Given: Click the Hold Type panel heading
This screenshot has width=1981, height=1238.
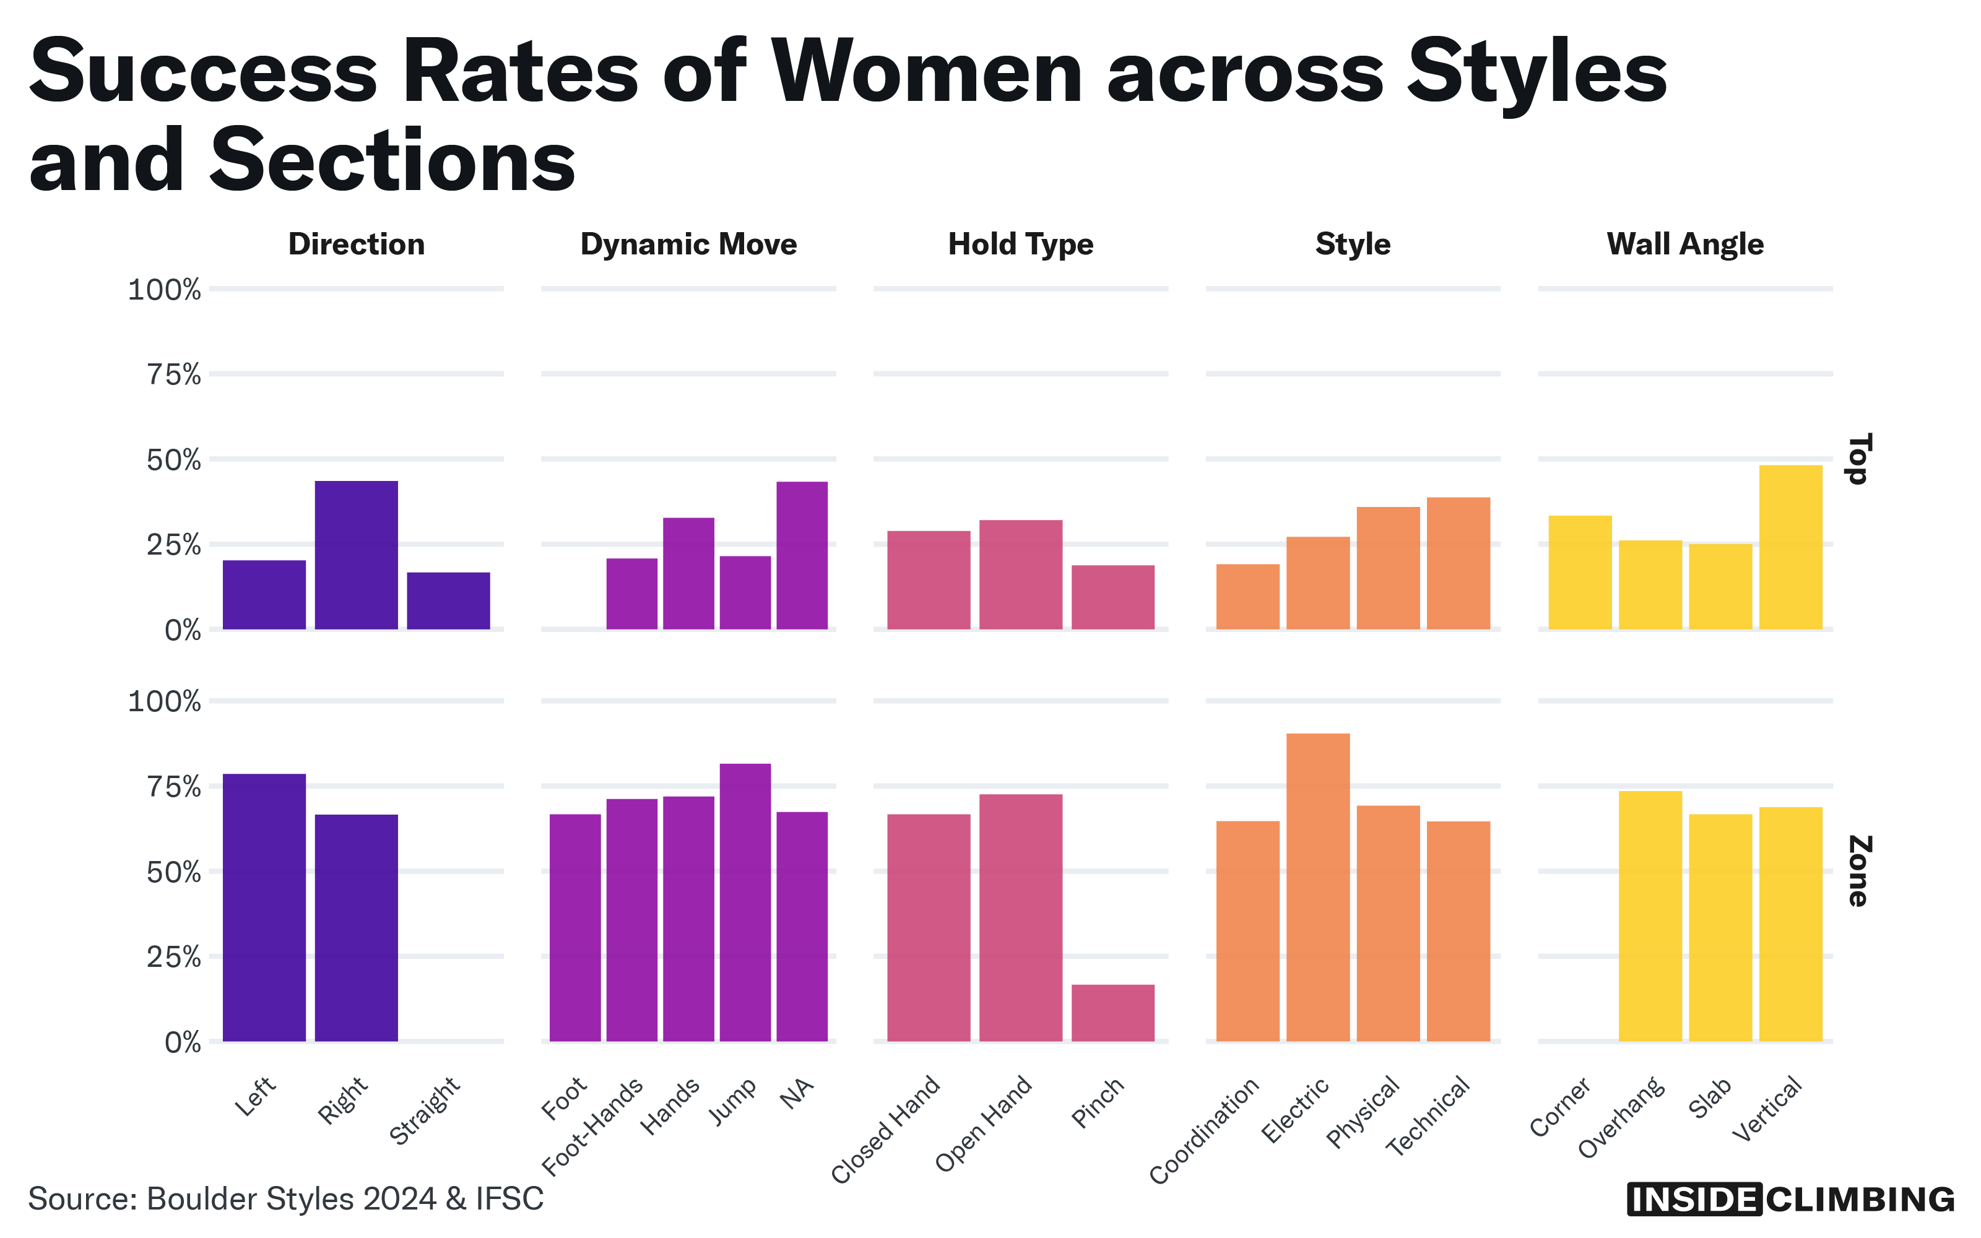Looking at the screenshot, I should pyautogui.click(x=1020, y=244).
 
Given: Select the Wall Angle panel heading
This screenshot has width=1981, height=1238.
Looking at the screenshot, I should pyautogui.click(x=1684, y=244).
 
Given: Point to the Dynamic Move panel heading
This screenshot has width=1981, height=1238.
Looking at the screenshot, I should pyautogui.click(x=688, y=244).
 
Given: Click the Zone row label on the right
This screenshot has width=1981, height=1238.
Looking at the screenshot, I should pyautogui.click(x=1858, y=870).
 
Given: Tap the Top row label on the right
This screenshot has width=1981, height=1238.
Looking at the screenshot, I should pyautogui.click(x=1858, y=459).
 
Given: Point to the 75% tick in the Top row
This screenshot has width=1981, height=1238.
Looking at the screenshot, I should pyautogui.click(x=173, y=375).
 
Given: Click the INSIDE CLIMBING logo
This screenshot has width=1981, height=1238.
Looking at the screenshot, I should pyautogui.click(x=1790, y=1200).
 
